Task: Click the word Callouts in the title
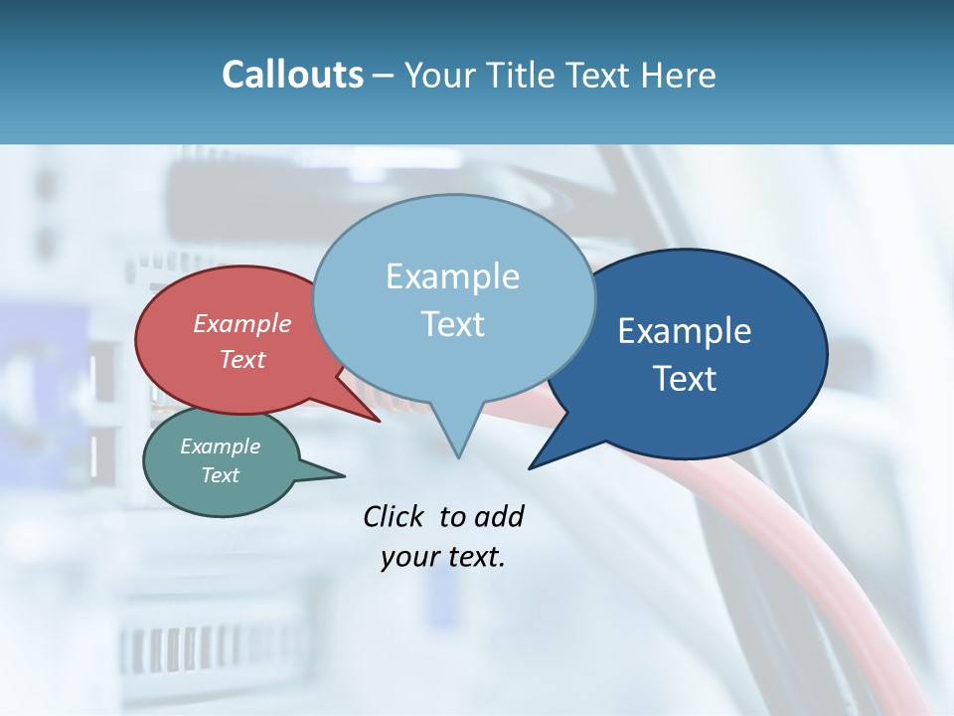pos(292,75)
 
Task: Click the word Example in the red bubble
pos(242,323)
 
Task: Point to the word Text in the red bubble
pos(242,359)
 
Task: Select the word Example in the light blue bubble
pos(452,275)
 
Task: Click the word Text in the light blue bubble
pos(452,323)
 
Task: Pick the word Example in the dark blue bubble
pos(685,331)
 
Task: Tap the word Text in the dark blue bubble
pos(685,379)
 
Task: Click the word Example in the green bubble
pos(220,447)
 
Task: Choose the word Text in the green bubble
pos(220,475)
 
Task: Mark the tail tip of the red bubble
pos(379,421)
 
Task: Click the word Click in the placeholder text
pos(396,516)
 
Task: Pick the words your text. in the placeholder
pos(443,557)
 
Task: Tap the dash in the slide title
pos(385,76)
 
